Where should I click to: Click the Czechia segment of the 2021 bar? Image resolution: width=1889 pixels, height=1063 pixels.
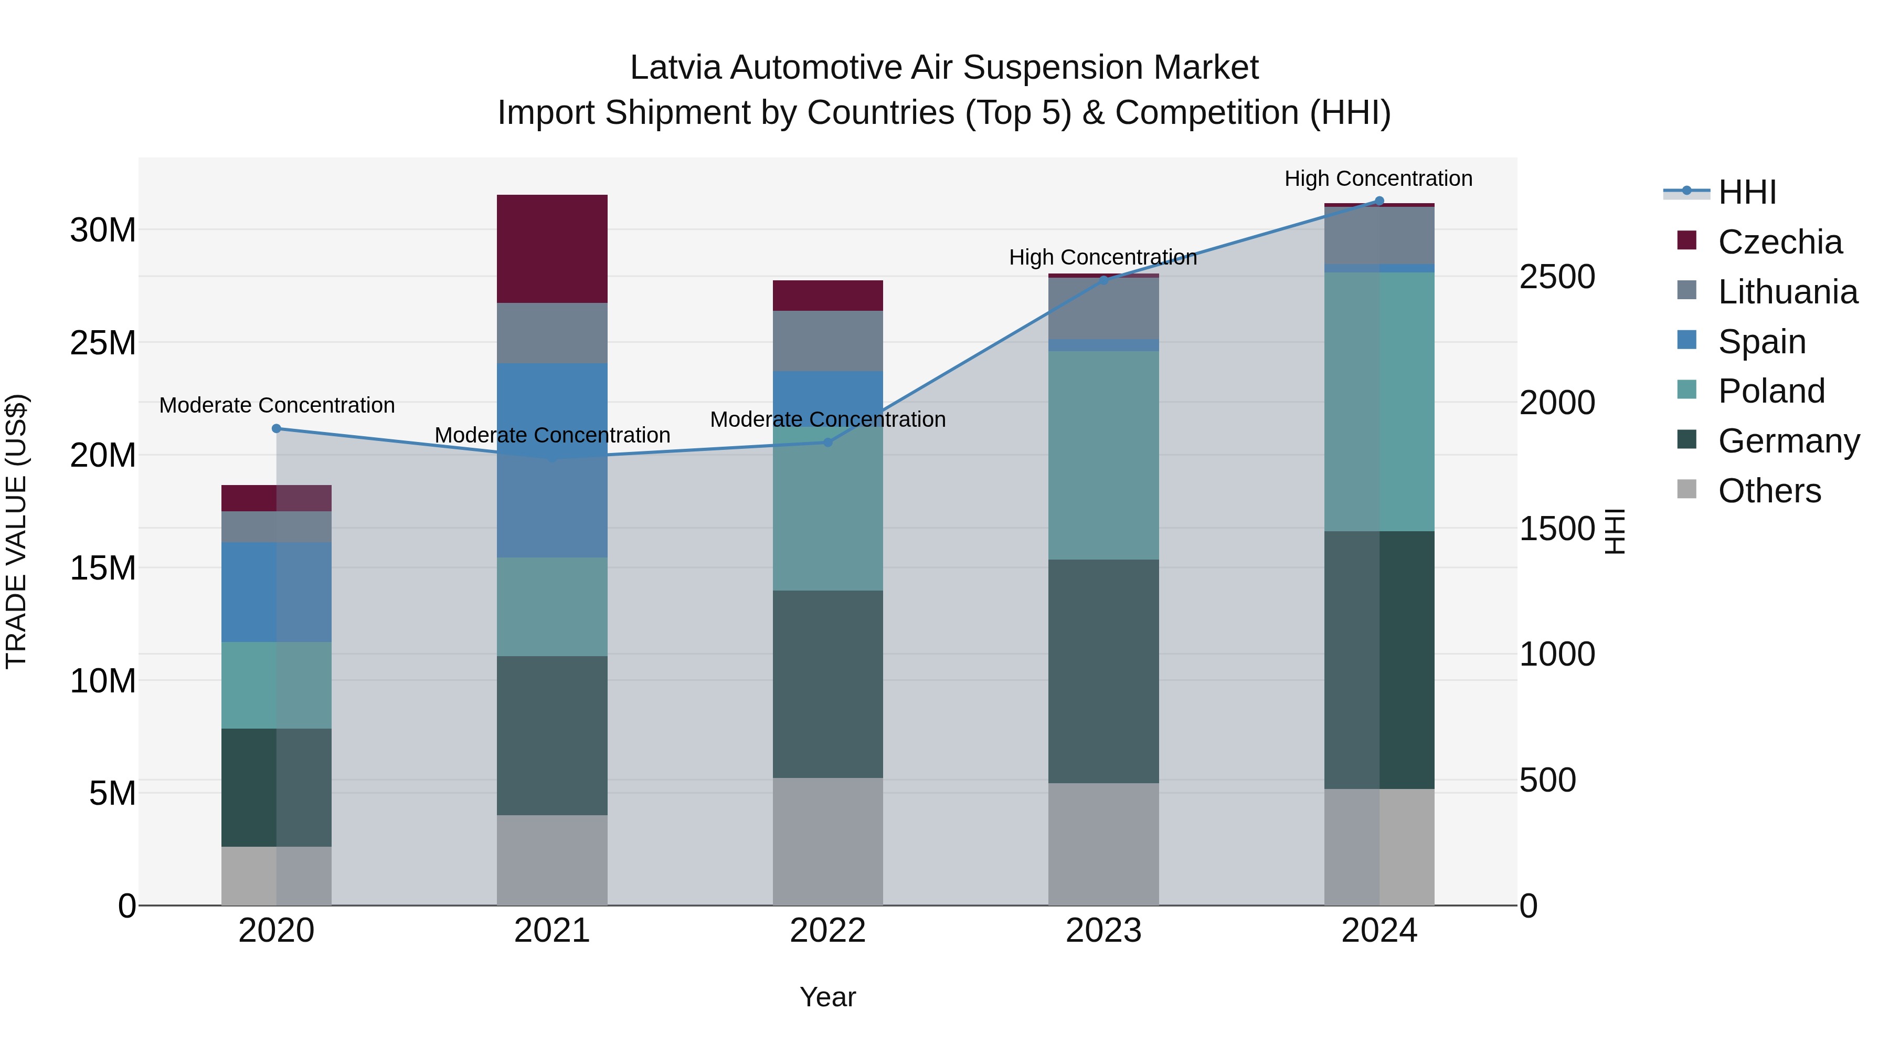click(x=551, y=249)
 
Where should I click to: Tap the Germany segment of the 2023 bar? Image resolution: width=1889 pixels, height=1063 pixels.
click(x=1103, y=671)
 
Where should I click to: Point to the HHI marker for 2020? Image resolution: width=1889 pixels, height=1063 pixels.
click(x=277, y=428)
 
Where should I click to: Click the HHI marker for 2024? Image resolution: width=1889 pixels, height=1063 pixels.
click(x=1378, y=201)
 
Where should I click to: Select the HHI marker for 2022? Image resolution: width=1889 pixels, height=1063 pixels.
click(x=828, y=443)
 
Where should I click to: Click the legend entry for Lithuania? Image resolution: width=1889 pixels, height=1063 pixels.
click(x=1787, y=292)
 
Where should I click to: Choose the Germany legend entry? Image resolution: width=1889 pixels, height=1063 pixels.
click(x=1788, y=441)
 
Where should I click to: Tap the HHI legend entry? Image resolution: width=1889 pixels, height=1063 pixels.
click(x=1747, y=192)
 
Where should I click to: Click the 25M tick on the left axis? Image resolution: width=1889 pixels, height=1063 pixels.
click(x=103, y=343)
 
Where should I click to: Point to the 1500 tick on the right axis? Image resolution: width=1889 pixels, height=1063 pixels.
click(x=1557, y=528)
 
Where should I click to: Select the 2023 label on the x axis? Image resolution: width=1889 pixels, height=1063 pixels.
click(x=1103, y=931)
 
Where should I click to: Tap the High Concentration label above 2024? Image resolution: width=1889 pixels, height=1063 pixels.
click(x=1378, y=178)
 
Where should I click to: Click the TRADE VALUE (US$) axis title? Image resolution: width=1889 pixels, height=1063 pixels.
click(x=16, y=531)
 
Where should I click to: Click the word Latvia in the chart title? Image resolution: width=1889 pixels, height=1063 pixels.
click(x=675, y=68)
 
